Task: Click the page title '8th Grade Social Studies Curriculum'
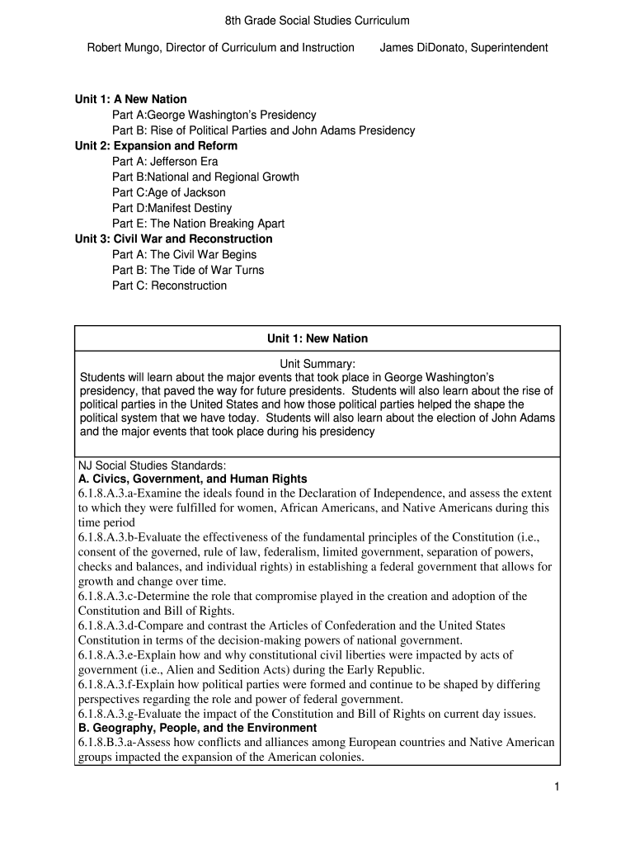(x=317, y=20)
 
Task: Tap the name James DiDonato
(x=422, y=48)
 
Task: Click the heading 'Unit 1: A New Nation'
(x=131, y=99)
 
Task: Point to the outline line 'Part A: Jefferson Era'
(x=165, y=162)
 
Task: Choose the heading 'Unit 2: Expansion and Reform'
(x=156, y=146)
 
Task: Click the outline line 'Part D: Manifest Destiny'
(x=172, y=208)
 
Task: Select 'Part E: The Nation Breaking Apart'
(x=198, y=224)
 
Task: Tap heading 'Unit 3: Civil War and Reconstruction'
(x=173, y=239)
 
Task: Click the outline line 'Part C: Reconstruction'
(x=169, y=286)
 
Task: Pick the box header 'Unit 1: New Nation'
(x=317, y=339)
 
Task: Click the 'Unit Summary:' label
(x=317, y=363)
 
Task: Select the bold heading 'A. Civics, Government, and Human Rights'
(x=192, y=479)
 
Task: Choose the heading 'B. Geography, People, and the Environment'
(x=197, y=728)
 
